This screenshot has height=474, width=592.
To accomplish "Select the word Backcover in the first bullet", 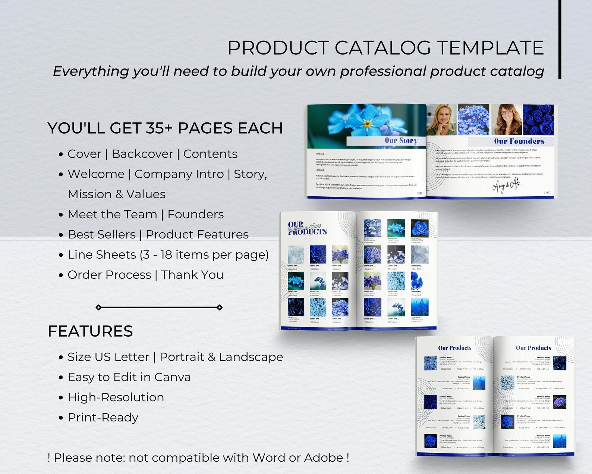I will tap(142, 154).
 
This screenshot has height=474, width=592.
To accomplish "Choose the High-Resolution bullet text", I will tap(116, 397).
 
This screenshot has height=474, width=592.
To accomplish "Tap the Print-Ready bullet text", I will tap(103, 417).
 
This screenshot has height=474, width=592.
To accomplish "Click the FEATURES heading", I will tap(90, 331).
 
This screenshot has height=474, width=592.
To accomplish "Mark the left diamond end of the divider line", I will tap(98, 308).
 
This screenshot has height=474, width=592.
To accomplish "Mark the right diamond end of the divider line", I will tap(220, 308).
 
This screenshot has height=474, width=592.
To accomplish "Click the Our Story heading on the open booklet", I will tap(401, 141).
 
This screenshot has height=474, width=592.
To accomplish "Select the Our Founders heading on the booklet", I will tap(519, 141).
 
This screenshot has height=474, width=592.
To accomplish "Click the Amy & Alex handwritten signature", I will tap(506, 185).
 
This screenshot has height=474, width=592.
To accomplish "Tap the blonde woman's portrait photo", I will tap(441, 119).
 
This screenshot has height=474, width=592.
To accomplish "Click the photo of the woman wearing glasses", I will tap(506, 119).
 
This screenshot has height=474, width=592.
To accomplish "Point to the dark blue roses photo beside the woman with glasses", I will tap(538, 119).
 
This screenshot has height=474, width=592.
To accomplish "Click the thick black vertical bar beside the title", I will tap(560, 39).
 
